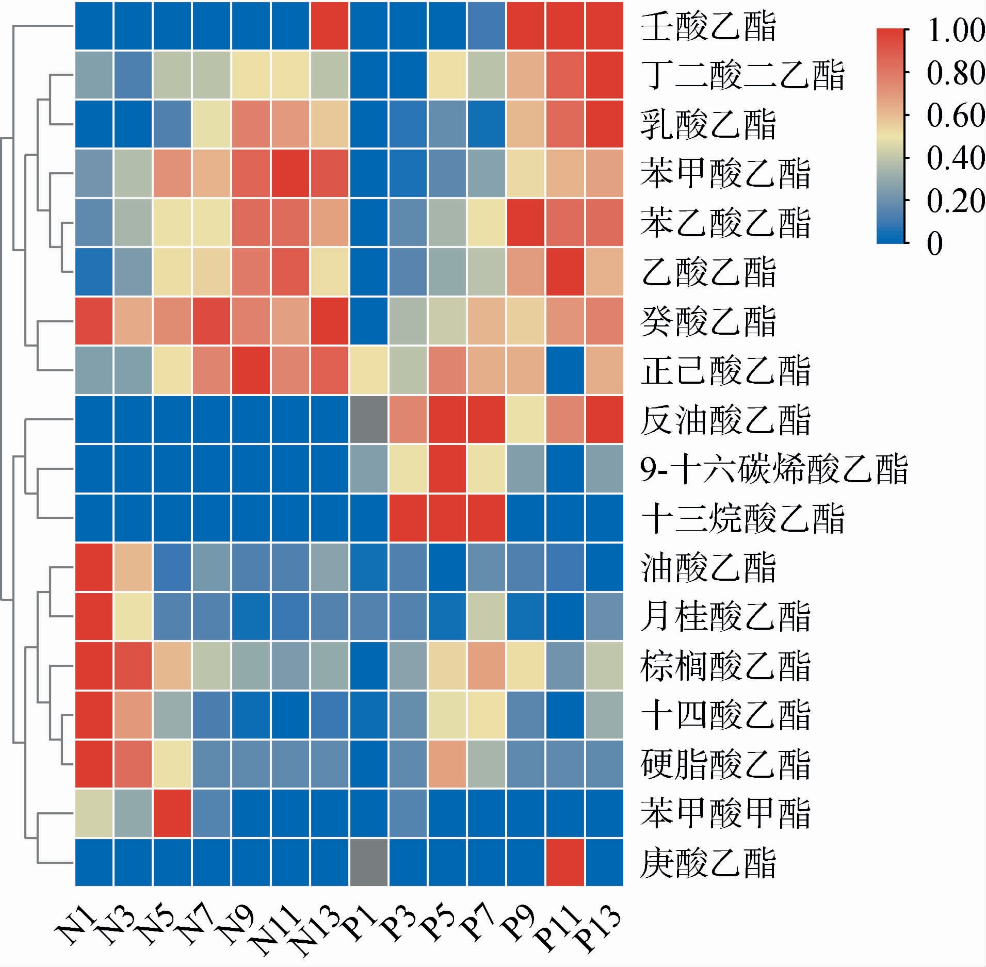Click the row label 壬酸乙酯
(708, 27)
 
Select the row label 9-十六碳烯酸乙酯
(773, 469)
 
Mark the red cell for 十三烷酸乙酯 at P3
(408, 518)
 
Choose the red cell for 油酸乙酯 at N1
(94, 567)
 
